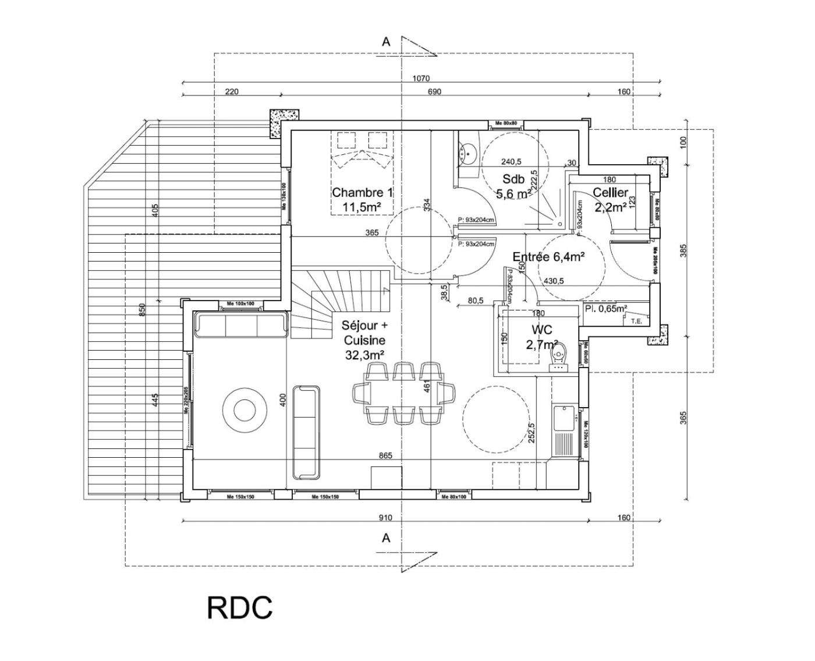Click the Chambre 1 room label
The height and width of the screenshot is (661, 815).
(362, 199)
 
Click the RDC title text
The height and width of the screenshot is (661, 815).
(239, 607)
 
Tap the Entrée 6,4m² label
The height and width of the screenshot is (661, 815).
(548, 256)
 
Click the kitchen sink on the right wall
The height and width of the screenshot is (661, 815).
(564, 418)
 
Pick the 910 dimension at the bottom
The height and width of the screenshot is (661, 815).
(385, 517)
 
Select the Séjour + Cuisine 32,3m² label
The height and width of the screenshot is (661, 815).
(364, 340)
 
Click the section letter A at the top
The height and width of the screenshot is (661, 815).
(386, 42)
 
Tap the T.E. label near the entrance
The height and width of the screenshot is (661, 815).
(636, 320)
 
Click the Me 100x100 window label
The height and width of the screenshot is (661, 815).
(241, 304)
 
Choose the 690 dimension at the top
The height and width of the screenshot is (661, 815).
(434, 91)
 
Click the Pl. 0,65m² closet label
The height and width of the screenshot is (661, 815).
(606, 309)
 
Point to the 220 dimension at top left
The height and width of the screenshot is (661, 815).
(231, 91)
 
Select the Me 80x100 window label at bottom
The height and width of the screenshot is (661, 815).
(454, 497)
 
